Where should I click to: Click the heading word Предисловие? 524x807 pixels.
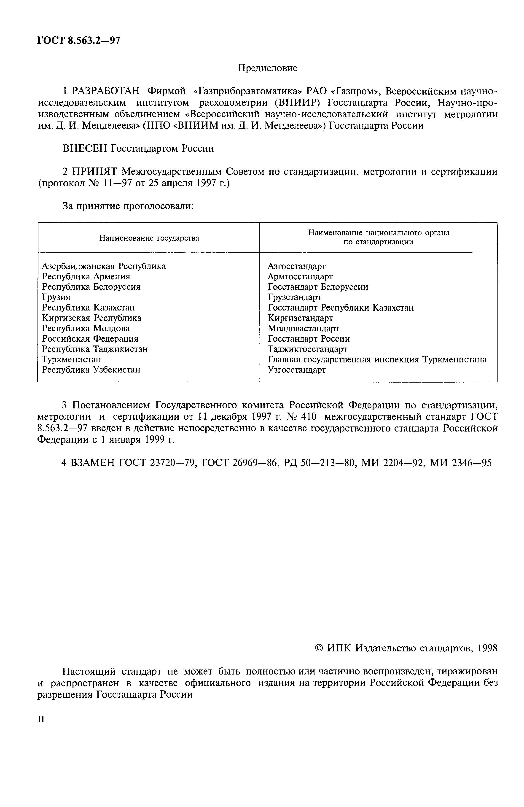[x=267, y=68]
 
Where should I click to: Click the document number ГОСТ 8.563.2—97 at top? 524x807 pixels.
[x=79, y=41]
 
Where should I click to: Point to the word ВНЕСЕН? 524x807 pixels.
[x=85, y=148]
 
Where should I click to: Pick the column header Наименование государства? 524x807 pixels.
[x=149, y=238]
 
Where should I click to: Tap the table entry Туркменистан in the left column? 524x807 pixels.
[x=72, y=359]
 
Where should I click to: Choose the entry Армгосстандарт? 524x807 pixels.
[x=300, y=277]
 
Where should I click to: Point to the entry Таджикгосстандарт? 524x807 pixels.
[x=307, y=349]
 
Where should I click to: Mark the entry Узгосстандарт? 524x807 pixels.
[x=297, y=370]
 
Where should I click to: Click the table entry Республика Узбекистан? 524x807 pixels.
[x=91, y=370]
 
